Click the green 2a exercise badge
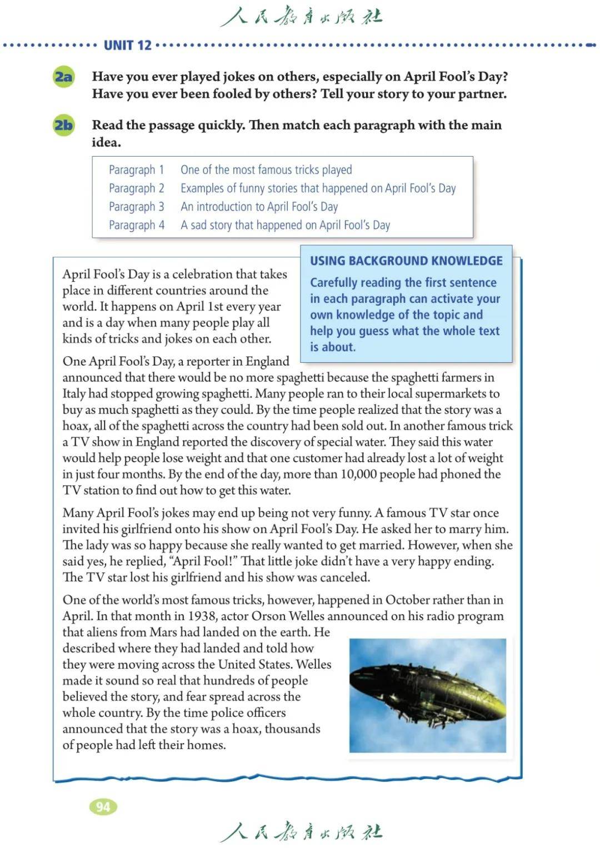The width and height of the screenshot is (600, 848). point(63,77)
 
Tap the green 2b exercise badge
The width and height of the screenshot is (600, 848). point(63,125)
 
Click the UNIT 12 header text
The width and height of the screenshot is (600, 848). point(127,45)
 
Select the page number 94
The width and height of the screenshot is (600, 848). point(103,807)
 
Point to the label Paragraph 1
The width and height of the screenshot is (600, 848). point(136,169)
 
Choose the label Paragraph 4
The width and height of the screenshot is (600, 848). point(136,225)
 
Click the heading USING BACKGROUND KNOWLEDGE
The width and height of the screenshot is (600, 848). point(406,261)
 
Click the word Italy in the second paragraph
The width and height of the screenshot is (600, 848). point(74,394)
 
